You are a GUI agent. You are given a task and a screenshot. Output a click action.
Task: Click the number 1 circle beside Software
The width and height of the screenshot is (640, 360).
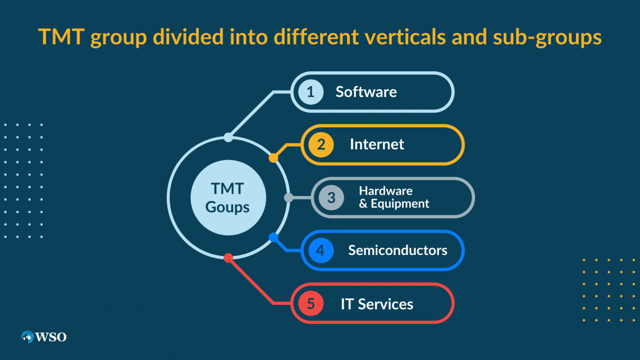[x=310, y=92]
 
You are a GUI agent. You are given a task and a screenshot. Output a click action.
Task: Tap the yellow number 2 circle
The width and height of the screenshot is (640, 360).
[x=321, y=144]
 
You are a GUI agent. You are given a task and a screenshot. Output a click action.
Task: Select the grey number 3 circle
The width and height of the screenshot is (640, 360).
[x=331, y=198]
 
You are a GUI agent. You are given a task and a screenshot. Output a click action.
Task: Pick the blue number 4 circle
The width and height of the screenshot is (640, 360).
[x=321, y=250]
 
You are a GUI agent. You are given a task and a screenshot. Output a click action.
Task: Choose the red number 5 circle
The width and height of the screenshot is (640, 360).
[x=310, y=303]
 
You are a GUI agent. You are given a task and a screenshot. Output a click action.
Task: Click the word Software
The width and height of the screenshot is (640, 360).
[x=366, y=92]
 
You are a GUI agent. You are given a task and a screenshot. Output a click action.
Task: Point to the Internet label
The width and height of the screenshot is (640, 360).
[x=377, y=144]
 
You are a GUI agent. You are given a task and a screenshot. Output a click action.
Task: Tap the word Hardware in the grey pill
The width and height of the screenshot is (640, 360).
[x=386, y=190]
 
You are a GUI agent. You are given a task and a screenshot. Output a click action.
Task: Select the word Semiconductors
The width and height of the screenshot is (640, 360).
[x=397, y=250]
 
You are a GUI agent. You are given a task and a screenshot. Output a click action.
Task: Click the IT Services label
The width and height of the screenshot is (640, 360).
[x=377, y=304]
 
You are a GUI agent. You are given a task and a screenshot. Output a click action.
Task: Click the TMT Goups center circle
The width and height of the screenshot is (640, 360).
[x=228, y=198]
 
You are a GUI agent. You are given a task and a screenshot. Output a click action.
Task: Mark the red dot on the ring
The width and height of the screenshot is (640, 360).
[x=228, y=258]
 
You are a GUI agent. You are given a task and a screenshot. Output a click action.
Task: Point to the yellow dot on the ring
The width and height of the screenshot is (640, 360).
[x=273, y=158]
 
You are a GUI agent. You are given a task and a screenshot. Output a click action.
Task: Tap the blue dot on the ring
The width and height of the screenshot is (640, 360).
[x=273, y=237]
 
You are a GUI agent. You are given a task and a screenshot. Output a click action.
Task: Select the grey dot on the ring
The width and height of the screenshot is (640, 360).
[x=289, y=198]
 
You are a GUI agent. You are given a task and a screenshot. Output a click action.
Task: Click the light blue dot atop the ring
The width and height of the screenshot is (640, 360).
[x=228, y=138]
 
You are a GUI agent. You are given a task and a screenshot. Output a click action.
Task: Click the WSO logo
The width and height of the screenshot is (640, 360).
[x=44, y=337]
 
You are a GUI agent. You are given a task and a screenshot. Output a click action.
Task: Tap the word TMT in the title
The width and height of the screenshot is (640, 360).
[x=61, y=37]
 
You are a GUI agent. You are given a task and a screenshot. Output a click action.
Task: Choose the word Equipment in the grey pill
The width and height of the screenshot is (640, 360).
[x=400, y=204]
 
